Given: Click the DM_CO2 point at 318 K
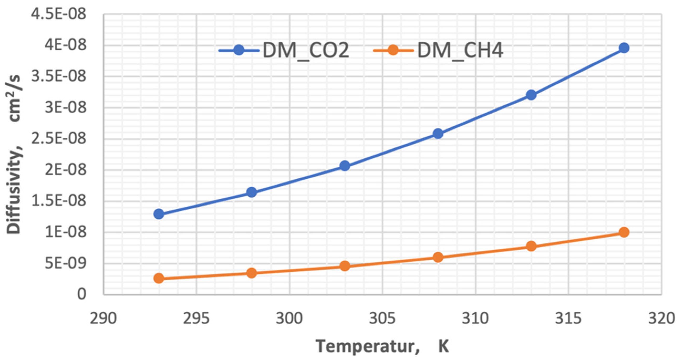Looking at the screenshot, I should [624, 48].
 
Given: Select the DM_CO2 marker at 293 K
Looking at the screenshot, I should [159, 214].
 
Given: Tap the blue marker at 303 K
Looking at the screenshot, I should [345, 166].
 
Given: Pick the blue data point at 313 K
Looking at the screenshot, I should [531, 95].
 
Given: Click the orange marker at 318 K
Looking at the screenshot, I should [624, 232].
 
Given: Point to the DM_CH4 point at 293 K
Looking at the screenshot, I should [159, 278].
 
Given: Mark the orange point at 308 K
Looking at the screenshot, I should [438, 257].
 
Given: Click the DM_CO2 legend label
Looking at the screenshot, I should [306, 50].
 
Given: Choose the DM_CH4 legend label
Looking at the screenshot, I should [460, 50].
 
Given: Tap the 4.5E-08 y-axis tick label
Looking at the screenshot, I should [59, 14].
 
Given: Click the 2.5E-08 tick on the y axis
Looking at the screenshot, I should [59, 138].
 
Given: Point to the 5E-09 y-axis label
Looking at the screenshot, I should [66, 263].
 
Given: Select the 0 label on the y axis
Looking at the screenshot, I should [82, 294].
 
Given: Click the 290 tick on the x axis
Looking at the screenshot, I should [103, 318].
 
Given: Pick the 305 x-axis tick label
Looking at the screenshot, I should [382, 318].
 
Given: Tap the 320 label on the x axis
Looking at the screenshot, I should [662, 318].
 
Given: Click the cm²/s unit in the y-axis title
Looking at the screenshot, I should [14, 98].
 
